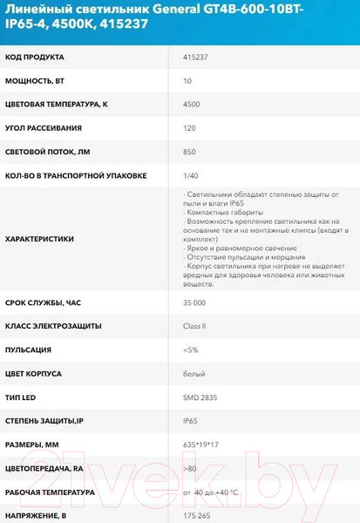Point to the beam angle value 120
(x=191, y=128)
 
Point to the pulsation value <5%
(x=191, y=350)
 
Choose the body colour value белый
(x=194, y=373)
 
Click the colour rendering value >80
(x=190, y=468)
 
